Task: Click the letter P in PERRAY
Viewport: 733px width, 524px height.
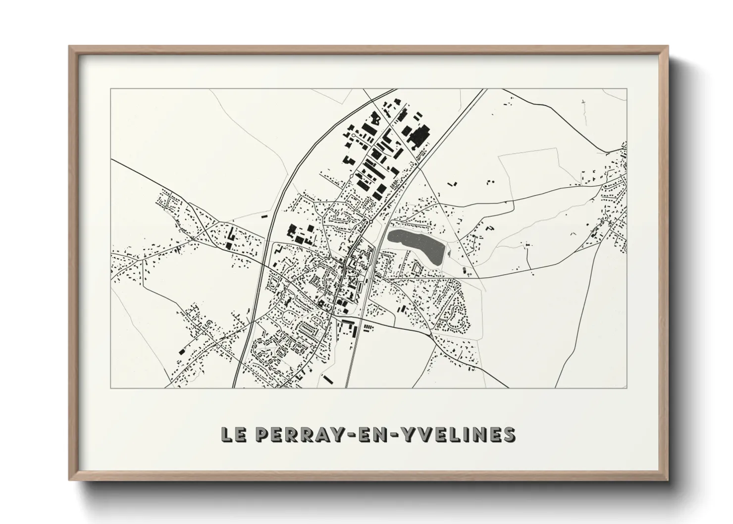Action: pyautogui.click(x=261, y=434)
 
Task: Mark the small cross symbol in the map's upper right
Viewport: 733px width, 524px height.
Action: pyautogui.click(x=583, y=103)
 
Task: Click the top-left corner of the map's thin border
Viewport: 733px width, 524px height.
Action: pyautogui.click(x=111, y=89)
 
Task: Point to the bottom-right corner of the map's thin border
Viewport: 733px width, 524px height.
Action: pyautogui.click(x=627, y=388)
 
